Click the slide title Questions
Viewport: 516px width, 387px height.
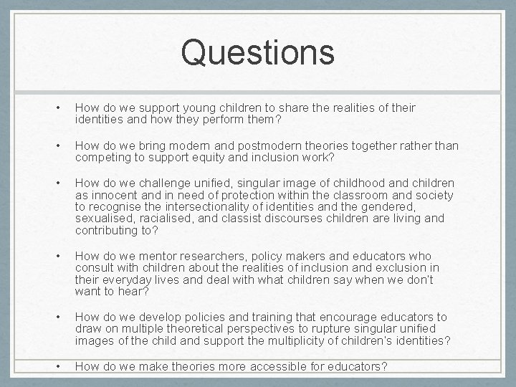(x=257, y=52)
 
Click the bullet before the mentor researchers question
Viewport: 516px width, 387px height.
(x=57, y=256)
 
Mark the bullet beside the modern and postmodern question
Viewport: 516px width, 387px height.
(x=57, y=145)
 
